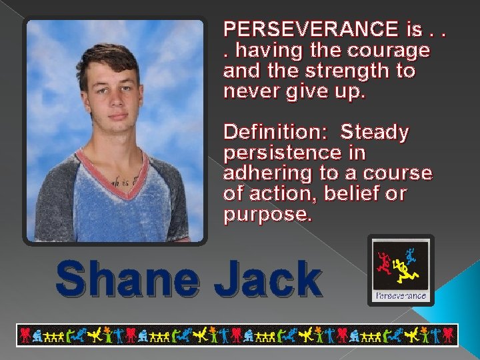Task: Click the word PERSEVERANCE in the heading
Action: point(311,29)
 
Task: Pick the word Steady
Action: point(375,132)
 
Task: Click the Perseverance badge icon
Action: point(401,270)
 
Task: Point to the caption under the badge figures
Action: point(401,294)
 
